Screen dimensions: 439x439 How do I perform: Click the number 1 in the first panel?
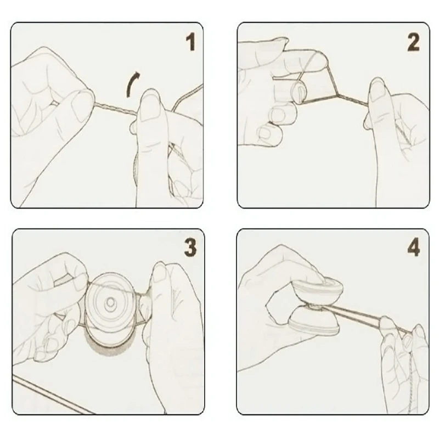point(189,43)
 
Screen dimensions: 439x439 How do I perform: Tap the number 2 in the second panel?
point(413,42)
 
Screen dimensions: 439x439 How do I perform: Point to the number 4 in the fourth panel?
point(413,247)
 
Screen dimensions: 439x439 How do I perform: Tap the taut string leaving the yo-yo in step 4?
point(357,317)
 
